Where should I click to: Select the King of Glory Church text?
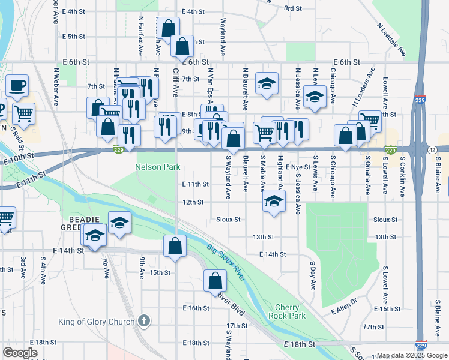tap(96, 322)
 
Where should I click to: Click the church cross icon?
tap(143, 321)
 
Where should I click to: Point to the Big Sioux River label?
tap(226, 262)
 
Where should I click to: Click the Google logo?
tap(20, 353)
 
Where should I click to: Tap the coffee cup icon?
tap(17, 85)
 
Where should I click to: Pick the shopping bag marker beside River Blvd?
tap(215, 281)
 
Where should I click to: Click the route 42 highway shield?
tap(432, 150)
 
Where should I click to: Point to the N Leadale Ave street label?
tap(391, 40)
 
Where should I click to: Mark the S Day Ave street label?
tap(313, 275)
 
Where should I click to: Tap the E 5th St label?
tap(73, 37)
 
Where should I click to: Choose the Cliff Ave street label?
tap(176, 82)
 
